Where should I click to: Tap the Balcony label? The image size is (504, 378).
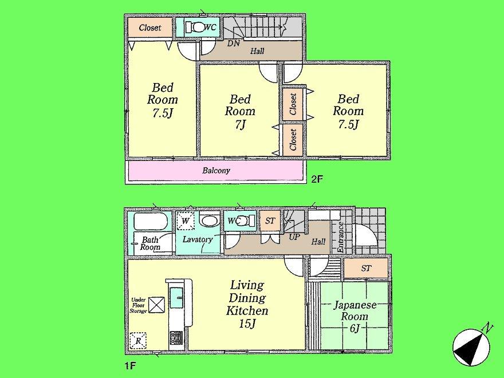(216, 171)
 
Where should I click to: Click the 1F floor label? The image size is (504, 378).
(131, 364)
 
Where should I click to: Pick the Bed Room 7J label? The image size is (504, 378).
(239, 111)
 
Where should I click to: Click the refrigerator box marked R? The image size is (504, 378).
(138, 341)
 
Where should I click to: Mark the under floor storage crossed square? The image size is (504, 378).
(156, 305)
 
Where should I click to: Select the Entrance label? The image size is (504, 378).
(340, 237)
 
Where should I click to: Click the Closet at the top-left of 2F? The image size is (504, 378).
(149, 27)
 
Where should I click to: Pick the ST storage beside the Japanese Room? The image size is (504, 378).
(366, 267)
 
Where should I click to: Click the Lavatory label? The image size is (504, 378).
(198, 239)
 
